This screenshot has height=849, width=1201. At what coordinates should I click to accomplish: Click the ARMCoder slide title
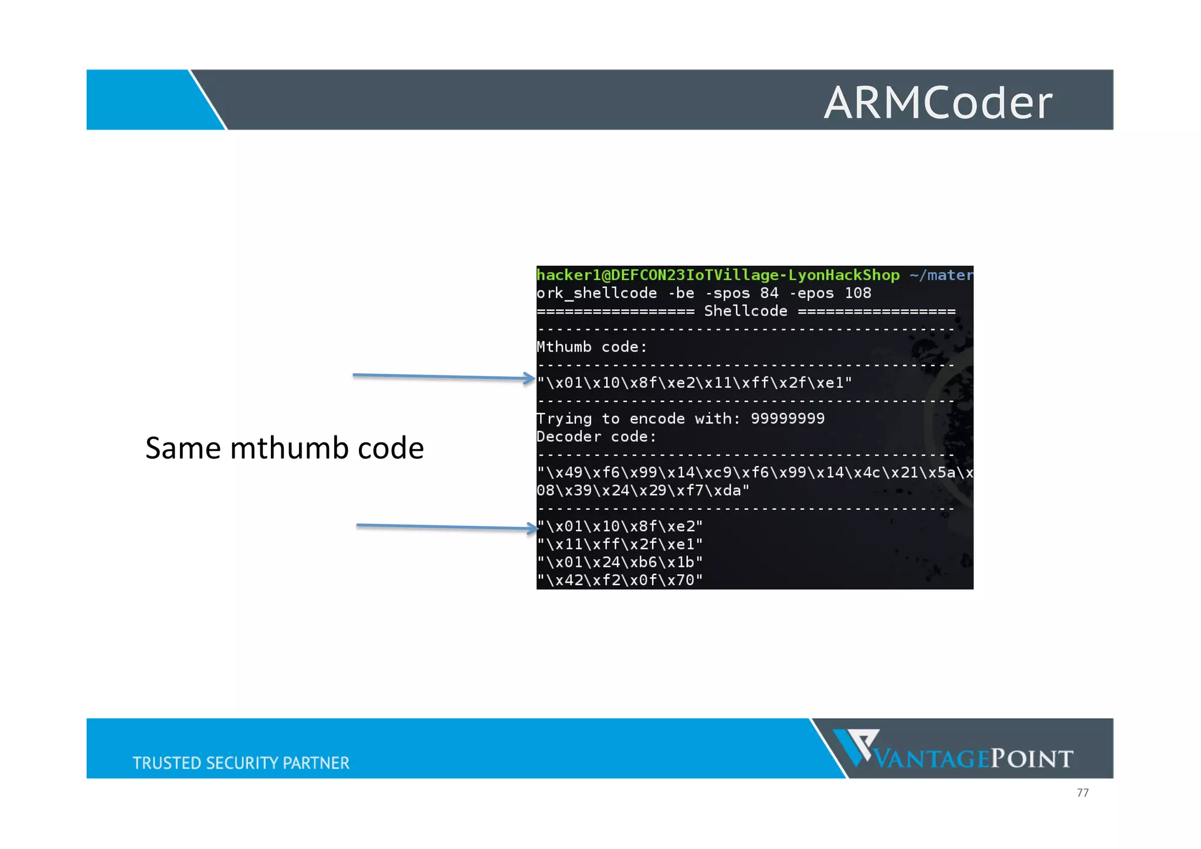tap(938, 103)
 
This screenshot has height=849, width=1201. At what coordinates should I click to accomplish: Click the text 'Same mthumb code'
tap(284, 448)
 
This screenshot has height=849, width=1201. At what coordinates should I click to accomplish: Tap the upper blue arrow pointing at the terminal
tap(443, 377)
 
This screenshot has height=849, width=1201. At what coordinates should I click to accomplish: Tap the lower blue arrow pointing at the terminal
tap(447, 527)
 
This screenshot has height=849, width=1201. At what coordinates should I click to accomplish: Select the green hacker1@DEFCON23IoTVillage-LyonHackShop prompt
tap(718, 275)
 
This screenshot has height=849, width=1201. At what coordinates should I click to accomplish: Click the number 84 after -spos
tap(769, 293)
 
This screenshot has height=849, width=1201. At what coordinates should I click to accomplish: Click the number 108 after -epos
tap(857, 293)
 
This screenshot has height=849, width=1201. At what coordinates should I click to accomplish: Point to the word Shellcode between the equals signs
tap(745, 311)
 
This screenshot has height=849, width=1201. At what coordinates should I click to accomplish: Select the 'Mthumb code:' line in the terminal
tap(592, 347)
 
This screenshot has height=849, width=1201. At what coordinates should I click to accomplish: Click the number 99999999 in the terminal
tap(788, 418)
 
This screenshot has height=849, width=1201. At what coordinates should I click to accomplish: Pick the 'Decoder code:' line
tap(596, 437)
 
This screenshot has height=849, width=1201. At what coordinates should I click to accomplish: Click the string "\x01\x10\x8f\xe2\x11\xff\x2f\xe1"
tap(694, 383)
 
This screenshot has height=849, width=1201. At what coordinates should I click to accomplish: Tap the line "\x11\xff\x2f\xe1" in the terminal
tap(619, 544)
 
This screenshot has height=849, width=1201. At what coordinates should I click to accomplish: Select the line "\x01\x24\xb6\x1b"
tap(619, 562)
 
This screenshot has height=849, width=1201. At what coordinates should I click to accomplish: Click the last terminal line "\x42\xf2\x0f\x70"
tap(619, 580)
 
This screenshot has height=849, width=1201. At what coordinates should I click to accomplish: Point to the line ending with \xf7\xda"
tap(643, 491)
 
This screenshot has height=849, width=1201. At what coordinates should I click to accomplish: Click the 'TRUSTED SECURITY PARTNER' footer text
tap(240, 763)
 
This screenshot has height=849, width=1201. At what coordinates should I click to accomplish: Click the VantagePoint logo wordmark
tap(973, 759)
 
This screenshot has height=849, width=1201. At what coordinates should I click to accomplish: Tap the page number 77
tap(1083, 793)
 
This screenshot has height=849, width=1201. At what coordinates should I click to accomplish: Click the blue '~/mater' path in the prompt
tap(941, 275)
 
